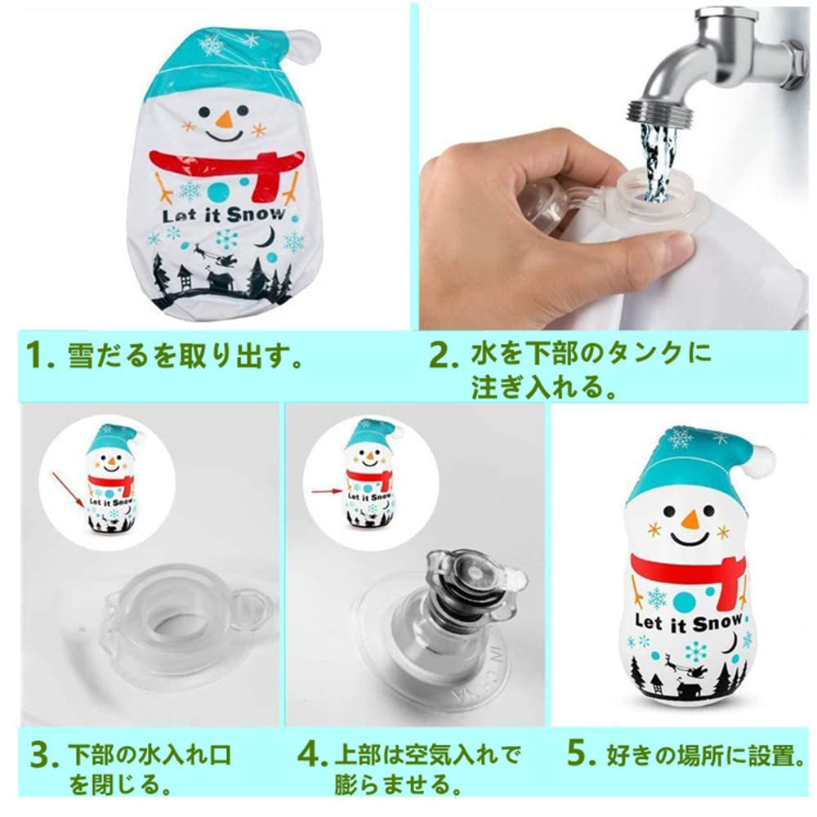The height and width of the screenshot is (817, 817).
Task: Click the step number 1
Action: (37, 355)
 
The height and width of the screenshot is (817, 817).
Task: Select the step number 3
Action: (42, 755)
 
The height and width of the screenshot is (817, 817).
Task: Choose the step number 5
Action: (579, 753)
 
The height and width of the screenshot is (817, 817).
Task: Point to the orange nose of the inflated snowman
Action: (690, 519)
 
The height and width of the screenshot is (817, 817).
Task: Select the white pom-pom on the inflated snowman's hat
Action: (761, 459)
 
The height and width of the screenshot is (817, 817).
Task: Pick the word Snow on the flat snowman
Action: (256, 214)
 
